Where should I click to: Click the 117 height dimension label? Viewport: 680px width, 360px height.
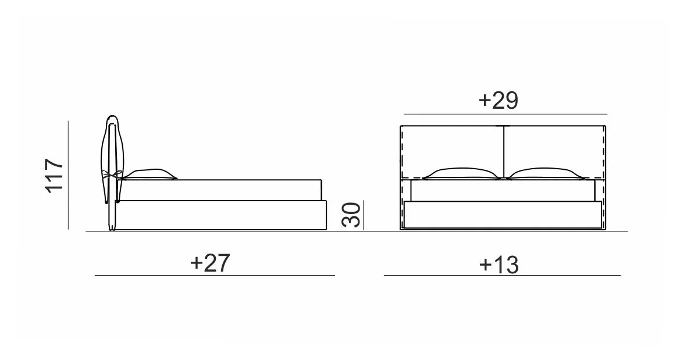[x=55, y=176]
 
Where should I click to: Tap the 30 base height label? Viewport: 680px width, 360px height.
[x=351, y=215]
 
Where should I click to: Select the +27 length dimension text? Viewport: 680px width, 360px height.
[x=210, y=263]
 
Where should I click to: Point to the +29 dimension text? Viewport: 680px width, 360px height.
[x=499, y=100]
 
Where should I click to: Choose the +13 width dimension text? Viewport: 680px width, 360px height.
[x=499, y=264]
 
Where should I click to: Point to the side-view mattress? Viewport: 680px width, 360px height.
[x=220, y=190]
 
